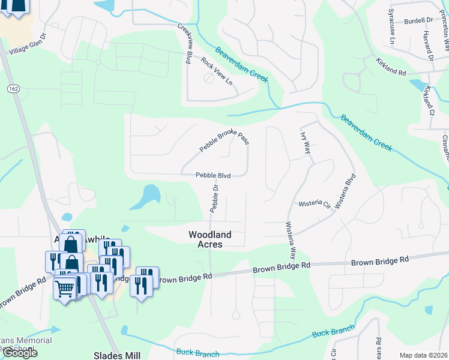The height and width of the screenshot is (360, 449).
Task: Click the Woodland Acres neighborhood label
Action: pos(205,239)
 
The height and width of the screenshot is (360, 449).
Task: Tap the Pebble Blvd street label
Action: pos(213,176)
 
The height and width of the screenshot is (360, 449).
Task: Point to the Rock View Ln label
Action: pos(216,71)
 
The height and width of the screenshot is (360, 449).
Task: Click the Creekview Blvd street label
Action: pos(184,43)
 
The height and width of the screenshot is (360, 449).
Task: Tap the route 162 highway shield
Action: pos(13,89)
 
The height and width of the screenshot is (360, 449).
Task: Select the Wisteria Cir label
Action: pos(315,205)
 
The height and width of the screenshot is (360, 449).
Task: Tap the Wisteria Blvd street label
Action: pos(346,191)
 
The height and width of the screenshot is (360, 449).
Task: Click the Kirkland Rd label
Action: pos(391,67)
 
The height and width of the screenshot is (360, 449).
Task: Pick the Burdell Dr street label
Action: pos(418,20)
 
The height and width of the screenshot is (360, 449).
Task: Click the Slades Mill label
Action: pos(117,355)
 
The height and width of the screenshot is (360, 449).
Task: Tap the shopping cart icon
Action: pos(64,289)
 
